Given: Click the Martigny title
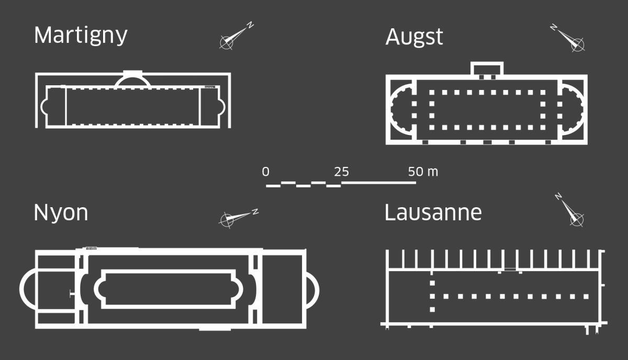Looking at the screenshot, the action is [x=81, y=36].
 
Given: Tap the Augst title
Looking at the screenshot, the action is [x=414, y=37].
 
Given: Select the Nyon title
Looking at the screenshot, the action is [x=61, y=213].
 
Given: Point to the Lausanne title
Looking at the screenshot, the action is [x=433, y=212].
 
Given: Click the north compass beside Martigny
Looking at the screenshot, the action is [x=237, y=36].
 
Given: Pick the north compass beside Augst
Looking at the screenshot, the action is [x=568, y=38].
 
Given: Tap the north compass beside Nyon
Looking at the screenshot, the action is [x=239, y=218].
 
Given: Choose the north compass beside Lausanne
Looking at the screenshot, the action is [x=570, y=210].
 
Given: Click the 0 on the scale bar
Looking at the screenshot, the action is [x=265, y=172].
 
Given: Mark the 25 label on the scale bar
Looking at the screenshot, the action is [x=341, y=172].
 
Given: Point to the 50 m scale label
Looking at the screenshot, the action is [x=423, y=172].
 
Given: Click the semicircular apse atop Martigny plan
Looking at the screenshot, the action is [x=132, y=79].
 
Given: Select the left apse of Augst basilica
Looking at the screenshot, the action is [x=401, y=109].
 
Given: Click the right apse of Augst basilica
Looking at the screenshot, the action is [x=572, y=109].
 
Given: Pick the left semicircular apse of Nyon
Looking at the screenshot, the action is [x=28, y=289].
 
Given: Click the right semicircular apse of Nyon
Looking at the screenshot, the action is [x=312, y=290].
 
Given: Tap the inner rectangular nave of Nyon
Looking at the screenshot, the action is [x=169, y=289].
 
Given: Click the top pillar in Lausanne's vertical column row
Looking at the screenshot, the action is [x=432, y=283].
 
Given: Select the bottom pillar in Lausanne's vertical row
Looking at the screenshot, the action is [x=432, y=310].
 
